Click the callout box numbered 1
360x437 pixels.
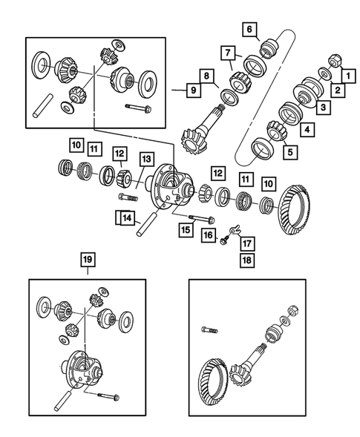click(348, 75)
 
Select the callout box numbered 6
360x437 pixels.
click(249, 29)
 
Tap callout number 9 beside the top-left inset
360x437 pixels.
click(194, 90)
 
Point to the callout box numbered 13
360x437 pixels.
click(146, 159)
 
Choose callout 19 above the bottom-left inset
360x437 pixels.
click(88, 260)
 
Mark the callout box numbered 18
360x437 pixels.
click(247, 260)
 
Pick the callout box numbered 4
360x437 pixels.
click(307, 130)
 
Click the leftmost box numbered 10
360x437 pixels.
click(76, 145)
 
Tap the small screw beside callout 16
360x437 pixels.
click(224, 240)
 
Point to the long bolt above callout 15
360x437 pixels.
click(202, 219)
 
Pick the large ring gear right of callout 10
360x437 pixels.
click(295, 209)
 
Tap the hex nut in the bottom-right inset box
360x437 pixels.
click(292, 309)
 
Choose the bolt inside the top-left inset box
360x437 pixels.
click(138, 108)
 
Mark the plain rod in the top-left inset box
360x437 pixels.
click(42, 106)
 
